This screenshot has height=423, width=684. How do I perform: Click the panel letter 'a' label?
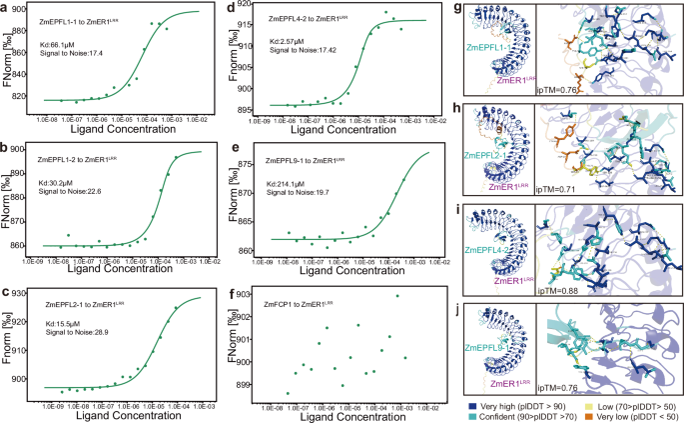(6, 7)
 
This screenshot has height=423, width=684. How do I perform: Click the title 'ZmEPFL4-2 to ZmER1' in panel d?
(302, 18)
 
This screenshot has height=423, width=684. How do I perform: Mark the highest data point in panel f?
(396, 296)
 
